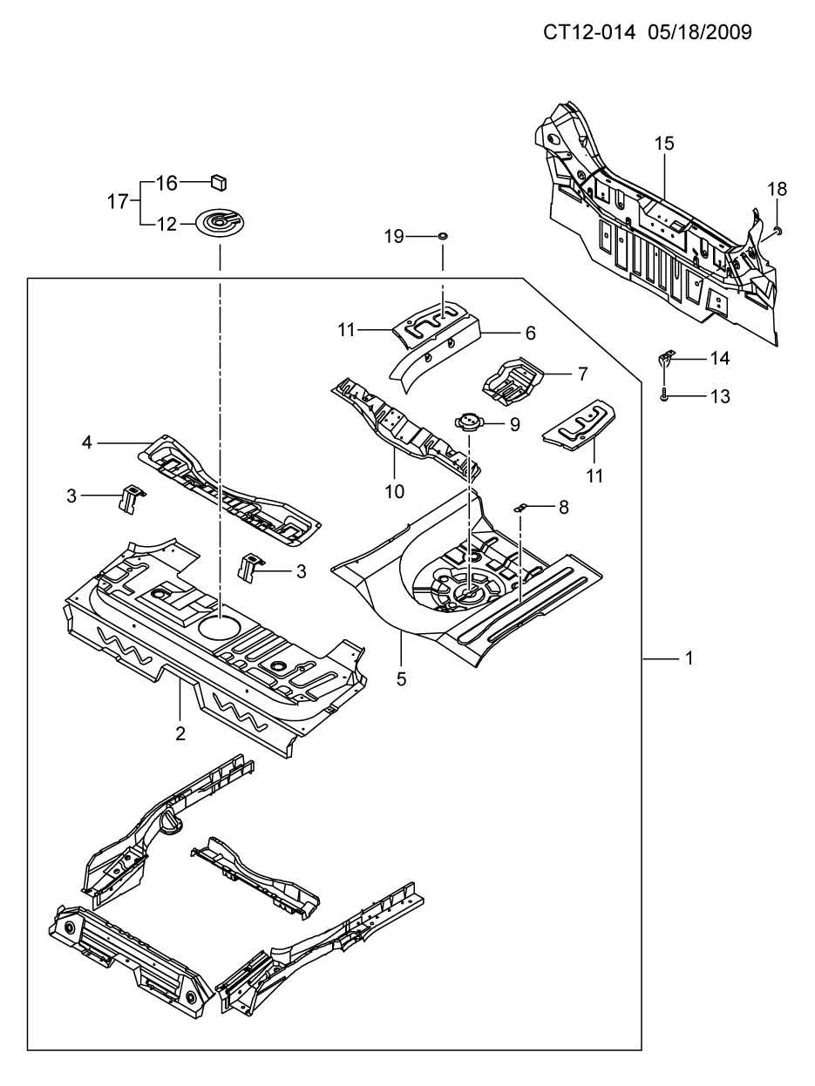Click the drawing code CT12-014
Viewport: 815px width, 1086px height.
click(x=588, y=32)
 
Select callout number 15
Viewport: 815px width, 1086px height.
click(x=664, y=144)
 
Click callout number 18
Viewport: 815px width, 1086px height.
click(x=777, y=188)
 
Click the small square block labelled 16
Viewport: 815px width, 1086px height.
click(x=219, y=181)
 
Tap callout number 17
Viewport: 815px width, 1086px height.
click(x=118, y=202)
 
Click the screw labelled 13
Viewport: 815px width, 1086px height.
click(x=664, y=396)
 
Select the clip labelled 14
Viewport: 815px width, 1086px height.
click(x=665, y=357)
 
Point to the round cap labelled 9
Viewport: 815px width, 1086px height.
click(x=468, y=422)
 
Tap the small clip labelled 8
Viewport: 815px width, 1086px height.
click(x=520, y=508)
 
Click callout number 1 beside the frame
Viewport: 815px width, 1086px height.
click(x=689, y=658)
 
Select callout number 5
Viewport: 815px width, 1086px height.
click(x=401, y=679)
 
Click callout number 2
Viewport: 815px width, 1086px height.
click(x=180, y=733)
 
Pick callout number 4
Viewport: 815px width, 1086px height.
click(x=86, y=442)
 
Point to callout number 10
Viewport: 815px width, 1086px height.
click(x=395, y=491)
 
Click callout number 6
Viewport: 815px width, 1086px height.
click(x=530, y=333)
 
